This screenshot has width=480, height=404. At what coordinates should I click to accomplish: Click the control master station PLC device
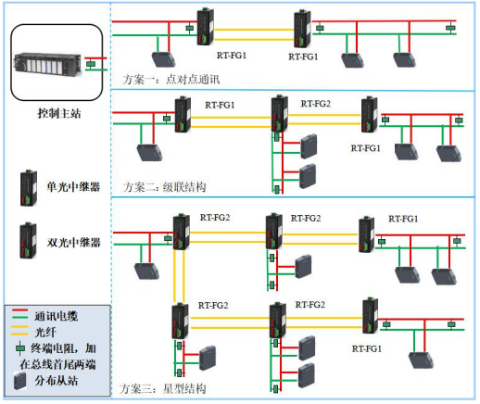pyautogui.click(x=47, y=64)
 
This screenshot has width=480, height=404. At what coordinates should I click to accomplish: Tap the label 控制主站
pyautogui.click(x=59, y=113)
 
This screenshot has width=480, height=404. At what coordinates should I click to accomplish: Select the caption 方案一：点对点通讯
pyautogui.click(x=171, y=80)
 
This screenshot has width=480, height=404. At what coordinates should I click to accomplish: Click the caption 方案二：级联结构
pyautogui.click(x=164, y=187)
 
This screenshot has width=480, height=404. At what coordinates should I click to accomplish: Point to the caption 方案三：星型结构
pyautogui.click(x=162, y=388)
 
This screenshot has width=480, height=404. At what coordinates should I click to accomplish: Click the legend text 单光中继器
pyautogui.click(x=73, y=187)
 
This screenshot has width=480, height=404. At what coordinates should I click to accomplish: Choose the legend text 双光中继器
pyautogui.click(x=73, y=243)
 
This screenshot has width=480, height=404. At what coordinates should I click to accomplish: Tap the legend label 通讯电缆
pyautogui.click(x=56, y=316)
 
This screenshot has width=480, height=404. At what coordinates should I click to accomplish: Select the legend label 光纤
pyautogui.click(x=45, y=332)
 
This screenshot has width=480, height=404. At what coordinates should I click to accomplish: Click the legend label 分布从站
pyautogui.click(x=56, y=381)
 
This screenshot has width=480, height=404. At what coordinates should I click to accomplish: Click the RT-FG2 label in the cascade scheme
pyautogui.click(x=316, y=104)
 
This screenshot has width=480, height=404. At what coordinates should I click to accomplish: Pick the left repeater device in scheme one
pyautogui.click(x=206, y=27)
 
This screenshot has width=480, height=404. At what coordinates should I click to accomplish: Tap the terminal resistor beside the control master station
pyautogui.click(x=91, y=64)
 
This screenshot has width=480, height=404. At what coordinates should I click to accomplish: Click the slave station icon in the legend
pyautogui.click(x=19, y=381)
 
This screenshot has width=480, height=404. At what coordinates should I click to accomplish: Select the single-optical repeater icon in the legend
pyautogui.click(x=29, y=188)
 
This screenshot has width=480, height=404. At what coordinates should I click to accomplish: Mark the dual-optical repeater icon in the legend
pyautogui.click(x=28, y=240)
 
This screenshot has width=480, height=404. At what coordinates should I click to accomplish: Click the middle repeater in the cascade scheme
pyautogui.click(x=279, y=113)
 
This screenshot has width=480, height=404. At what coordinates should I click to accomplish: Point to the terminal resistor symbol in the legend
pyautogui.click(x=20, y=348)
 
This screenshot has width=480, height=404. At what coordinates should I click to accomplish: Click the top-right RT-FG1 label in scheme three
pyautogui.click(x=403, y=219)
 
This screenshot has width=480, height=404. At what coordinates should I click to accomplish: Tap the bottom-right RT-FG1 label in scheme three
pyautogui.click(x=367, y=349)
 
